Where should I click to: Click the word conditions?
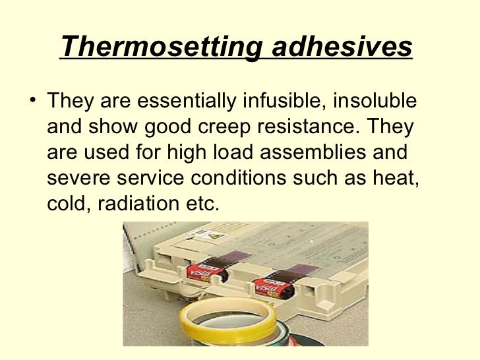233,176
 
